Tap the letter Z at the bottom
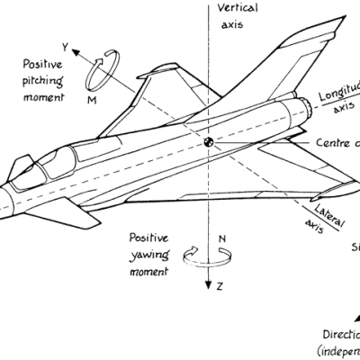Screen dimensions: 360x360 [218, 285]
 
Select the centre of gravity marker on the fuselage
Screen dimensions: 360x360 [208, 143]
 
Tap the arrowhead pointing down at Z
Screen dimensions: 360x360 [207, 286]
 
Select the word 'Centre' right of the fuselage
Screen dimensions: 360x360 [332, 143]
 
